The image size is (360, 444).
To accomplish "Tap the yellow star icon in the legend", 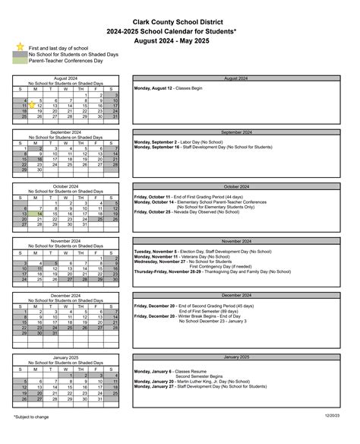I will pyautogui.click(x=20, y=47).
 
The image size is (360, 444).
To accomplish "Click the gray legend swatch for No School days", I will pyautogui.click(x=20, y=55).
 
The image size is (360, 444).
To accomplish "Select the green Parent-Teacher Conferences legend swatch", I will pyautogui.click(x=20, y=62).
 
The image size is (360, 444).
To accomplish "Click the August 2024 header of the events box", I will pyautogui.click(x=235, y=78).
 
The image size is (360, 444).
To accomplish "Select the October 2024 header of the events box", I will pyautogui.click(x=235, y=186).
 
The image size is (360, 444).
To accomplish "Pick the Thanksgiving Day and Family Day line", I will pyautogui.click(x=212, y=271).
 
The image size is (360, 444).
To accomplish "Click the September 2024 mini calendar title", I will pyautogui.click(x=66, y=132).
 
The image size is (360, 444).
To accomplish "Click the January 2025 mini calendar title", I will pyautogui.click(x=66, y=357).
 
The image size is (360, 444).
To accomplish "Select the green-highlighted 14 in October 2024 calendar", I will pyautogui.click(x=39, y=214).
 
